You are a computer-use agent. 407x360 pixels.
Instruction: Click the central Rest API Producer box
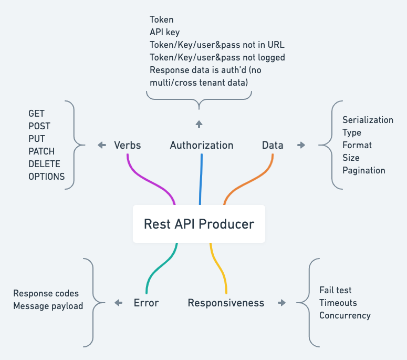199,224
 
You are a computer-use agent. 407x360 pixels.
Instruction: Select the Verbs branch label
127,145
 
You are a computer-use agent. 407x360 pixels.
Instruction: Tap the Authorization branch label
201,145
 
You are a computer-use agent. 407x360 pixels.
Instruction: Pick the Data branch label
273,145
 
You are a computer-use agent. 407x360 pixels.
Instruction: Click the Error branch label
146,303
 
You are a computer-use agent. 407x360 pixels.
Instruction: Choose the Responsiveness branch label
226,303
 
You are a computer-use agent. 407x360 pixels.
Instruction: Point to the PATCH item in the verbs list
41,151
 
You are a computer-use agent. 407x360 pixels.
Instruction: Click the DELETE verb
44,164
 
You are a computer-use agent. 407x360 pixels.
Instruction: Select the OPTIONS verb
47,177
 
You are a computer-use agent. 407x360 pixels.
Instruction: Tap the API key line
165,32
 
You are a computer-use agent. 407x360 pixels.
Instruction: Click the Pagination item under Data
364,170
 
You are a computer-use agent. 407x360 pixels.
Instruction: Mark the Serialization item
368,120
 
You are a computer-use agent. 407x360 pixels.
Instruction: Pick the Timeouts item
338,303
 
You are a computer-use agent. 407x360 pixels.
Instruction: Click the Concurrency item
345,315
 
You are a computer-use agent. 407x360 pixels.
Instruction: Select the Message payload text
48,306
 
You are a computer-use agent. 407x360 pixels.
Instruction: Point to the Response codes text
46,293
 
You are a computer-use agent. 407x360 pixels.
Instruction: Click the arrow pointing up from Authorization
199,124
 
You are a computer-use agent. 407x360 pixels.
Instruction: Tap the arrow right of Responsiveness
282,303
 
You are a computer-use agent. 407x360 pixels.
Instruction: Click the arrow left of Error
118,303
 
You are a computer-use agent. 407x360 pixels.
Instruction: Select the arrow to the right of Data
301,145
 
